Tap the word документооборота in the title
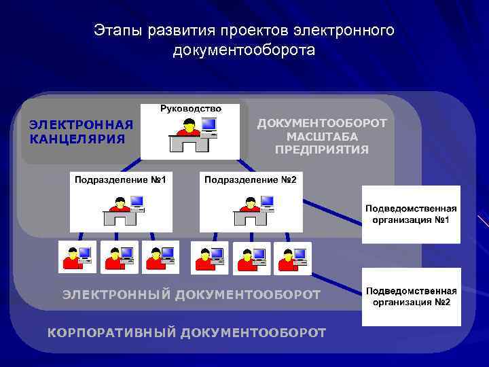tap(244, 50)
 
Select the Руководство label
tap(191, 109)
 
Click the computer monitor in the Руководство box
tap(209, 125)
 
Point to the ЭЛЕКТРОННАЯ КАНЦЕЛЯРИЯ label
tap(80, 132)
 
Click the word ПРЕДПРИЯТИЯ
tap(322, 150)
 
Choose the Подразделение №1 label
tap(120, 179)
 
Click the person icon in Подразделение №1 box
tap(120, 204)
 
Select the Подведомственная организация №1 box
tap(411, 214)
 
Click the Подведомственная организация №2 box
tap(411, 296)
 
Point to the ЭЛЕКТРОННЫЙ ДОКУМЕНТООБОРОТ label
tap(191, 294)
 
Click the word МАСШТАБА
tap(322, 136)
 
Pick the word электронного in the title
tap(344, 31)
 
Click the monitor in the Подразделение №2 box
tap(267, 201)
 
